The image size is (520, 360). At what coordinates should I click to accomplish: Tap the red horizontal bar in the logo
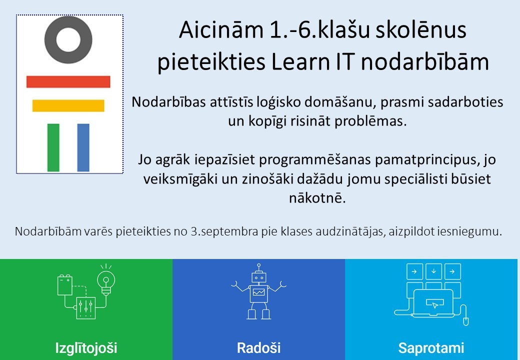pos(68,82)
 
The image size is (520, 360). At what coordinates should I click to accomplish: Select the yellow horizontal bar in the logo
pos(68,105)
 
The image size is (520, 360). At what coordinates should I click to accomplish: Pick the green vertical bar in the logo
pos(53,147)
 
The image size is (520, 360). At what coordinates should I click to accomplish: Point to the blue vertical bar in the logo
pos(83,147)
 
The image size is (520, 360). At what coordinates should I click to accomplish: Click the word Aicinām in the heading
pos(221,30)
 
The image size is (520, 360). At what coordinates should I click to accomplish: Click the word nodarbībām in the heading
pos(425,62)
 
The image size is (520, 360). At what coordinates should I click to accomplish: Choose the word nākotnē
pos(317,198)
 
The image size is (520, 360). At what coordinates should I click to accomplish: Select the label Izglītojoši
pos(86,348)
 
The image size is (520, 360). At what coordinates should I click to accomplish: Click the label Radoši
pos(258,348)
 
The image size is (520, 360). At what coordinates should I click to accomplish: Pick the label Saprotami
pos(431,348)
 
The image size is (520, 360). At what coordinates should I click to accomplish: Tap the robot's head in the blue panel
pos(259,277)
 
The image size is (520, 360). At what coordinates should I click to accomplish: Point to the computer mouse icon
pos(465,320)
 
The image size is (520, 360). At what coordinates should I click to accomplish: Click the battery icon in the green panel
pos(65,284)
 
